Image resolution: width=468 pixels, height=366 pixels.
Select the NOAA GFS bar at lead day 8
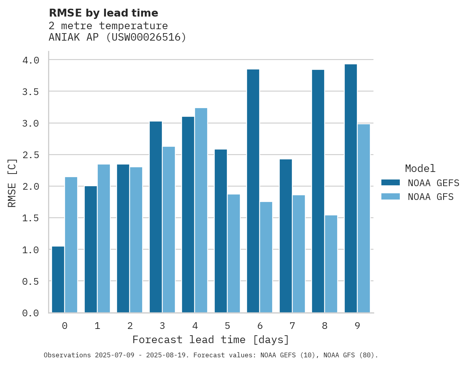tap(331, 264)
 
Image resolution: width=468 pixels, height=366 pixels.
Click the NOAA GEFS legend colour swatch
tap(390, 183)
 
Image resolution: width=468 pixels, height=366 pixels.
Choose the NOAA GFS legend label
tap(431, 197)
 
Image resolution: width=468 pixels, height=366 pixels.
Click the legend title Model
tap(420, 168)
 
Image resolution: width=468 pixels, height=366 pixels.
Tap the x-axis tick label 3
tap(162, 326)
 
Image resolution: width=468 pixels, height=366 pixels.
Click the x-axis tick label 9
tap(357, 326)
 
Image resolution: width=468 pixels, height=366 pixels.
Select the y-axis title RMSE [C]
tap(12, 183)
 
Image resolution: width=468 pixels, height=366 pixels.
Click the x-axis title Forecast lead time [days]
tap(211, 340)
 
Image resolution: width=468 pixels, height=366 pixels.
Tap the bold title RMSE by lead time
tap(103, 13)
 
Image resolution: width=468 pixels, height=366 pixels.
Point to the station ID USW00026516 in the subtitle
tap(146, 37)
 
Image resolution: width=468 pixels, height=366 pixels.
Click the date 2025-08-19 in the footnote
tap(167, 355)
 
